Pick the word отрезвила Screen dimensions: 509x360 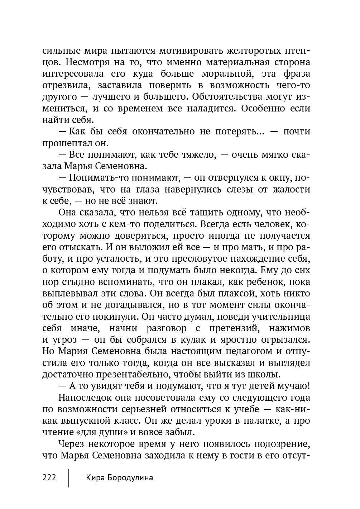coord(65,85)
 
